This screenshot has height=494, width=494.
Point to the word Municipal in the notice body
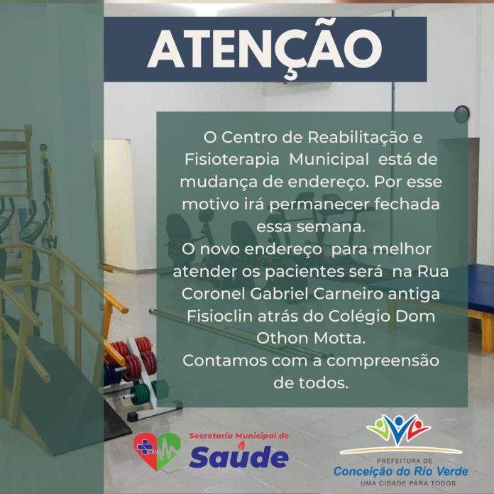click(x=329, y=158)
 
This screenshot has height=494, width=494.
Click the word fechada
click(x=400, y=204)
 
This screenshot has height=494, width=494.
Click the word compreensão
click(x=378, y=361)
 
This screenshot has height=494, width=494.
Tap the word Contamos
click(x=222, y=361)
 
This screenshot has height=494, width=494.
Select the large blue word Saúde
click(x=238, y=456)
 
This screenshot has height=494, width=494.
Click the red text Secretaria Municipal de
click(x=238, y=435)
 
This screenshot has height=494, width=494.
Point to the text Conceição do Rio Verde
click(x=402, y=471)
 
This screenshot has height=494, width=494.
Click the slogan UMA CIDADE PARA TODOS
click(x=402, y=484)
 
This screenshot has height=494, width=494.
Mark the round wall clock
click(x=463, y=113)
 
